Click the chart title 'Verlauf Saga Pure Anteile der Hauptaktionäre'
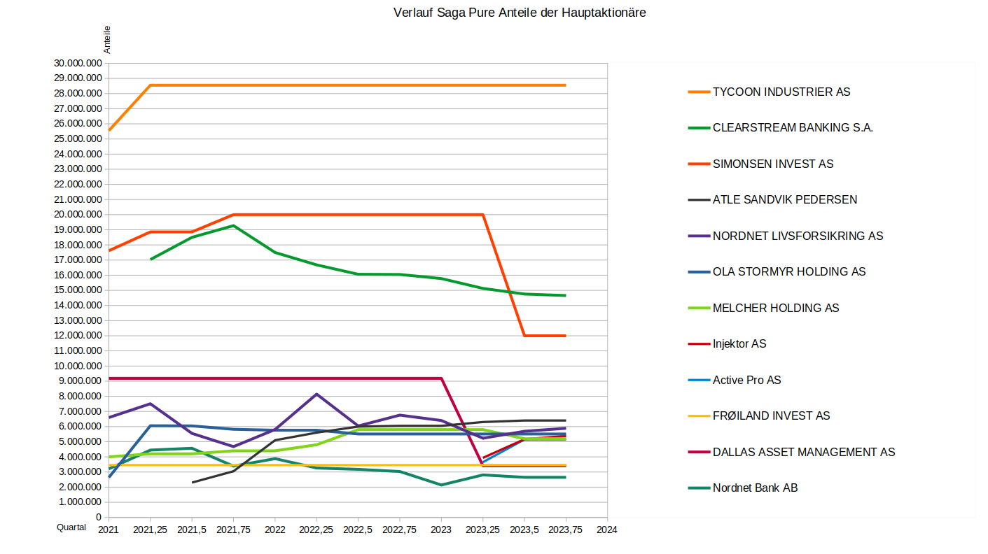point(520,13)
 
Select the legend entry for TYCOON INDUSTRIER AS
point(781,92)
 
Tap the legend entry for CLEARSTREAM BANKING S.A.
point(793,128)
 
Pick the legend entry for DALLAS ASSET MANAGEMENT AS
point(804,452)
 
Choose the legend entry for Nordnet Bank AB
point(755,488)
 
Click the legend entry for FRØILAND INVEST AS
point(771,416)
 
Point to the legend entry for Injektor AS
point(739,344)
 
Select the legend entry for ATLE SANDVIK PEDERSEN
point(785,200)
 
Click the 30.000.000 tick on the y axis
point(77,63)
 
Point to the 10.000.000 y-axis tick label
point(77,366)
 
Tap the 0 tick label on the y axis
point(99,518)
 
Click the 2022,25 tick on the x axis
point(316,530)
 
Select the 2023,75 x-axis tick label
point(566,530)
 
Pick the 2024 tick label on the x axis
point(607,530)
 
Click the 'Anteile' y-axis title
point(107,40)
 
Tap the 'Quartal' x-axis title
point(71,527)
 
